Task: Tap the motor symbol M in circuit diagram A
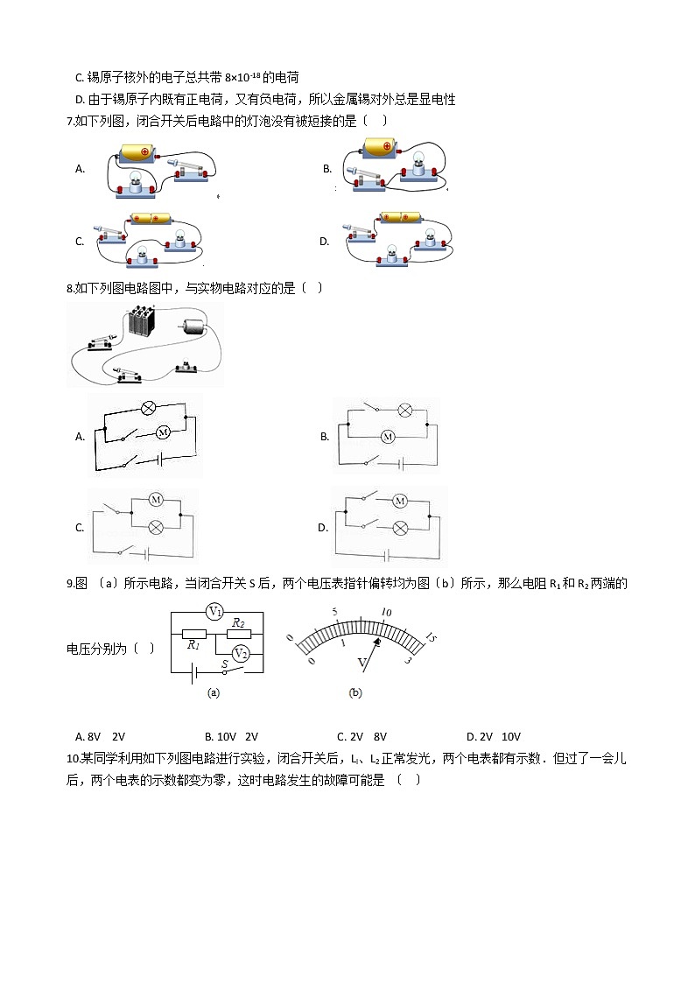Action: click(163, 432)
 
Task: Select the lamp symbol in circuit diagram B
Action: click(404, 410)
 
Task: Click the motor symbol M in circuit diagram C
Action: click(156, 499)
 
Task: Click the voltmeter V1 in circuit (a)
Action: click(216, 611)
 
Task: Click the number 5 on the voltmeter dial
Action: click(333, 612)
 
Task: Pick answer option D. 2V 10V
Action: click(493, 737)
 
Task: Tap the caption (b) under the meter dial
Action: click(355, 692)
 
